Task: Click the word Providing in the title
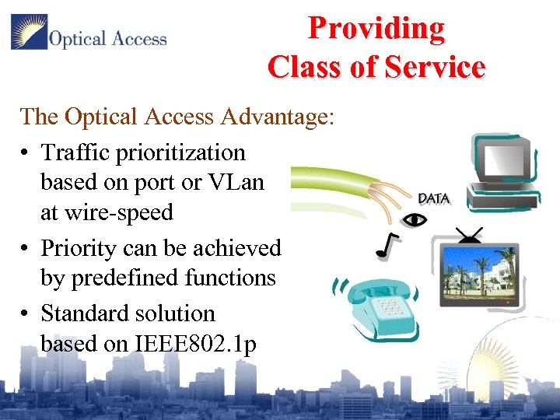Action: point(376,28)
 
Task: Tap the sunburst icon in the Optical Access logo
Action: point(29,33)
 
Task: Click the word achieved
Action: point(237,248)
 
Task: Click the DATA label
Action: point(433,198)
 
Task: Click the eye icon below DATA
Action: point(416,219)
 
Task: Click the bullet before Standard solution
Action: point(26,313)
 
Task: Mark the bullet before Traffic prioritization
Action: point(26,152)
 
